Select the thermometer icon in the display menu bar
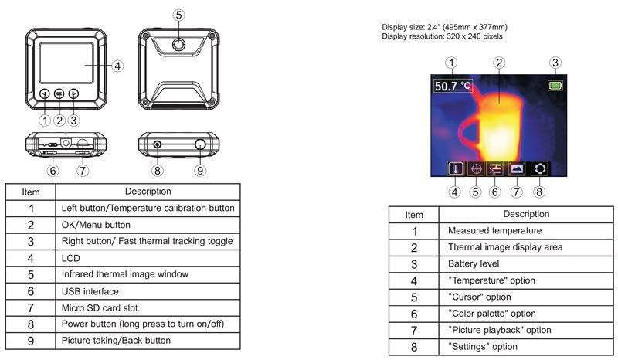click(x=455, y=168)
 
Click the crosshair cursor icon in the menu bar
click(x=475, y=168)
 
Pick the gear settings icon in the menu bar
click(x=539, y=168)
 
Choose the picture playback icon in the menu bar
click(x=516, y=168)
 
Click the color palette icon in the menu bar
click(x=495, y=168)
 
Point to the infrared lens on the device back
click(x=178, y=44)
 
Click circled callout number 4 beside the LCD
click(x=117, y=66)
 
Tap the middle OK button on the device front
click(x=59, y=94)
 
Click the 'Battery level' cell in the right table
click(x=525, y=263)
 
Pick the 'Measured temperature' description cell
click(x=525, y=230)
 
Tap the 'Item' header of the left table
click(x=31, y=192)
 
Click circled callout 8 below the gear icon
click(x=539, y=191)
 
